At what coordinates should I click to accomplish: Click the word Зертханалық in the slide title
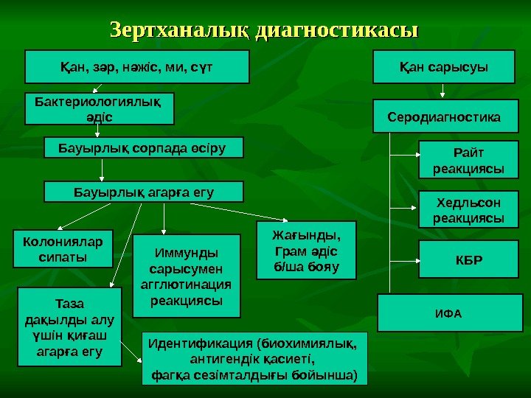[x=179, y=30]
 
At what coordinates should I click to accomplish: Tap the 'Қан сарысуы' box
[x=443, y=67]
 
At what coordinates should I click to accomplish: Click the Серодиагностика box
[x=443, y=117]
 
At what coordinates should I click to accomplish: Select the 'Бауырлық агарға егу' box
[x=144, y=192]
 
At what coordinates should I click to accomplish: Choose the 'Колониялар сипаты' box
[x=63, y=248]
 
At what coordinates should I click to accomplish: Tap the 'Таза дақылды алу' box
[x=69, y=327]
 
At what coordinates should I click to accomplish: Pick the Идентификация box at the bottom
[x=254, y=359]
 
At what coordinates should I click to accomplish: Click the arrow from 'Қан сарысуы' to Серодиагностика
[x=442, y=91]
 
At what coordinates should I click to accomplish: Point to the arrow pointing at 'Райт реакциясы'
[x=403, y=156]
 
